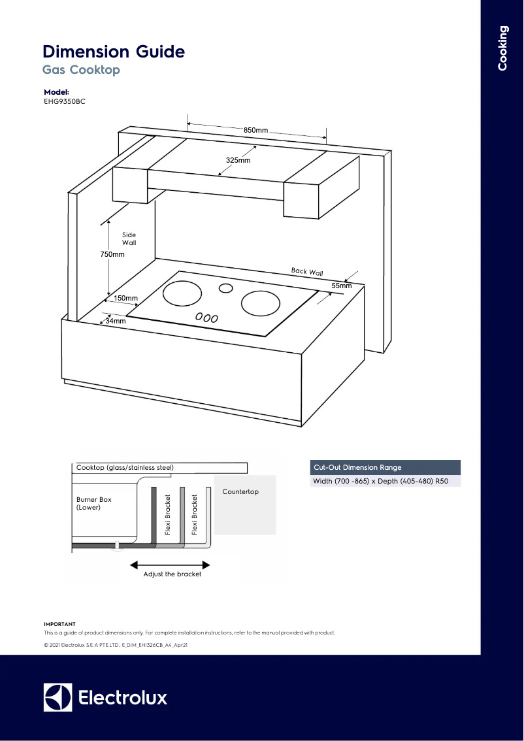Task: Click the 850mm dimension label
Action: pyautogui.click(x=256, y=131)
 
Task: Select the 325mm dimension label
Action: pyautogui.click(x=238, y=160)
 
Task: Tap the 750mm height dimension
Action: pyautogui.click(x=112, y=254)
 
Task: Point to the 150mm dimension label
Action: pyautogui.click(x=126, y=299)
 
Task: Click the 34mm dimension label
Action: pyautogui.click(x=116, y=321)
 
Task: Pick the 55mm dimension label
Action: pyautogui.click(x=341, y=286)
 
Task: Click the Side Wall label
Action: pyautogui.click(x=129, y=239)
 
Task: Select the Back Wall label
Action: pyautogui.click(x=307, y=272)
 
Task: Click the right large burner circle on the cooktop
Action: pyautogui.click(x=261, y=303)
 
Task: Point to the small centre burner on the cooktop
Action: pyautogui.click(x=226, y=288)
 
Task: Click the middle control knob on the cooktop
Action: pyautogui.click(x=206, y=318)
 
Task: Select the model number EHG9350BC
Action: pyautogui.click(x=65, y=102)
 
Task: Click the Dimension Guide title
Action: pyautogui.click(x=114, y=52)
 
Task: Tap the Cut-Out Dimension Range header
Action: pyautogui.click(x=357, y=467)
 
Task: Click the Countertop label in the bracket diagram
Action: pyautogui.click(x=240, y=491)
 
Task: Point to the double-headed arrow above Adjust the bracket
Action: pyautogui.click(x=171, y=564)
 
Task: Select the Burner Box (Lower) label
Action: pyautogui.click(x=94, y=503)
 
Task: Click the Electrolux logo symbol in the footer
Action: pyautogui.click(x=57, y=697)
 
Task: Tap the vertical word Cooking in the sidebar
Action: pyautogui.click(x=502, y=48)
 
